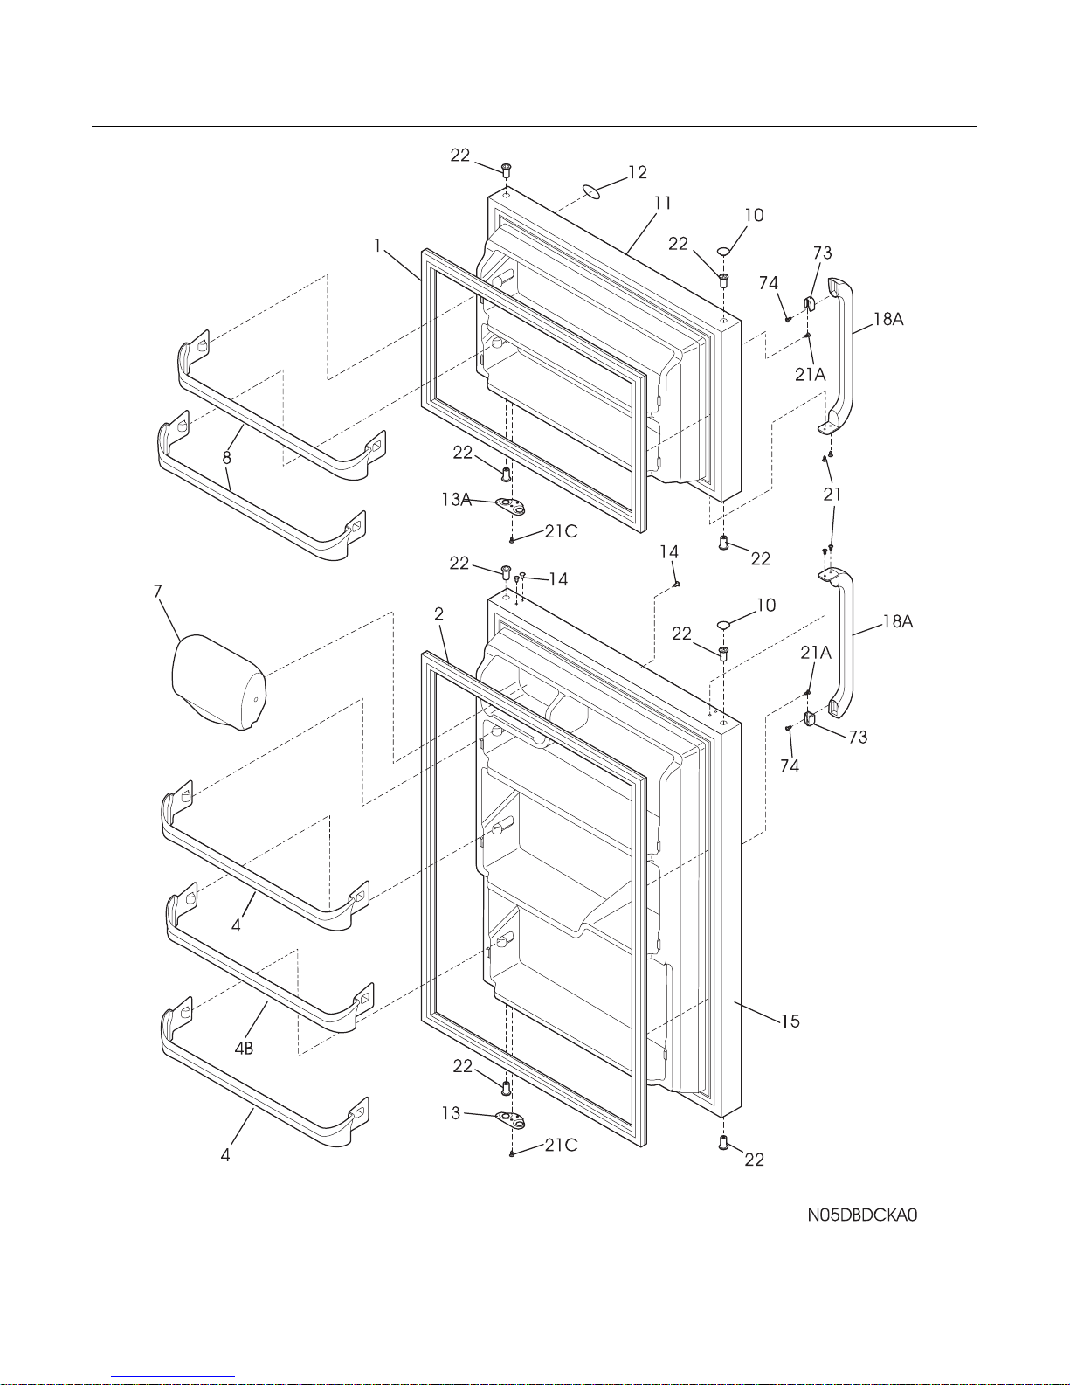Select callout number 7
tap(158, 592)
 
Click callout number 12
tap(638, 172)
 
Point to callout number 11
tap(663, 204)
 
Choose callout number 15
tap(790, 1021)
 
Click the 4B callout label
tap(244, 1049)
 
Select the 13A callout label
tap(456, 500)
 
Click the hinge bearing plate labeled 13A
tap(514, 504)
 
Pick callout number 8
tap(226, 457)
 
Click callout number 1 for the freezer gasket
tap(377, 246)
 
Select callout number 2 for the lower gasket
tap(439, 613)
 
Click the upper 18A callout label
tap(887, 319)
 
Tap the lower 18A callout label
tap(897, 621)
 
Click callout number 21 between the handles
tap(832, 495)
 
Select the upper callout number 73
tap(822, 253)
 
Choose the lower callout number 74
tap(790, 766)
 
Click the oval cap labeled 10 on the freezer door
tap(724, 252)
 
